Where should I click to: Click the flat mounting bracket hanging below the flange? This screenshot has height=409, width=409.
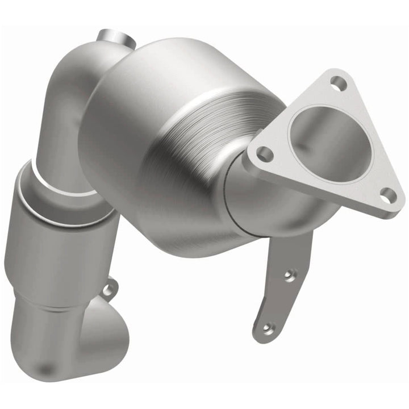pyautogui.click(x=284, y=284)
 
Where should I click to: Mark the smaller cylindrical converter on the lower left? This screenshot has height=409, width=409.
pyautogui.click(x=54, y=244)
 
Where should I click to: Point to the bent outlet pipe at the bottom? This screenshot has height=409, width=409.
pyautogui.click(x=68, y=352)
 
